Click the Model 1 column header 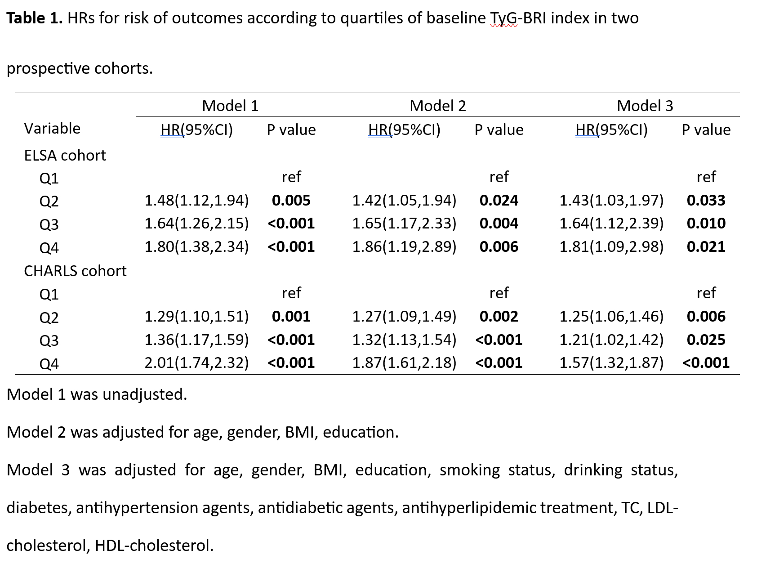(x=230, y=106)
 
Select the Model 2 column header (x=437, y=106)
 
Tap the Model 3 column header (x=645, y=106)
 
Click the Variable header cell (x=52, y=129)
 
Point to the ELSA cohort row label (x=65, y=155)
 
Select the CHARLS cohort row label (x=75, y=271)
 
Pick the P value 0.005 (x=291, y=200)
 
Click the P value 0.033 (x=706, y=200)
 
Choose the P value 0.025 (x=706, y=340)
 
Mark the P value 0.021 (x=706, y=246)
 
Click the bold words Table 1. (x=35, y=18)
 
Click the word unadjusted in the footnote (x=144, y=394)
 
